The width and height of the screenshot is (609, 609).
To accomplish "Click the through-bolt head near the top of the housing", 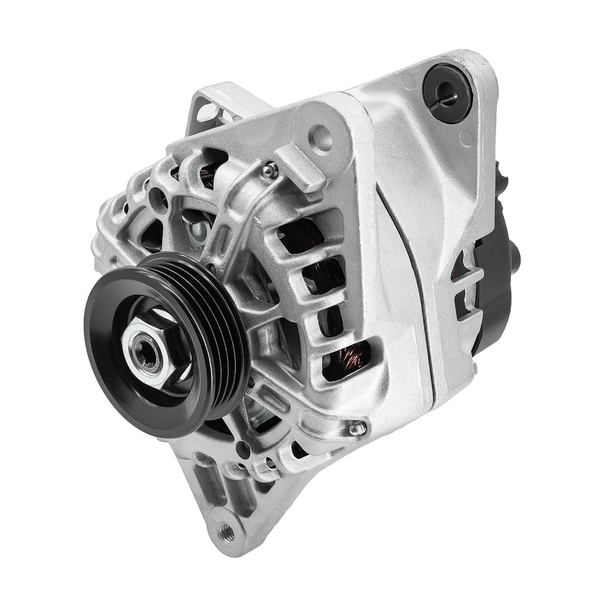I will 269,171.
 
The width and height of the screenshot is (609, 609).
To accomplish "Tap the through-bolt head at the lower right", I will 356,429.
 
